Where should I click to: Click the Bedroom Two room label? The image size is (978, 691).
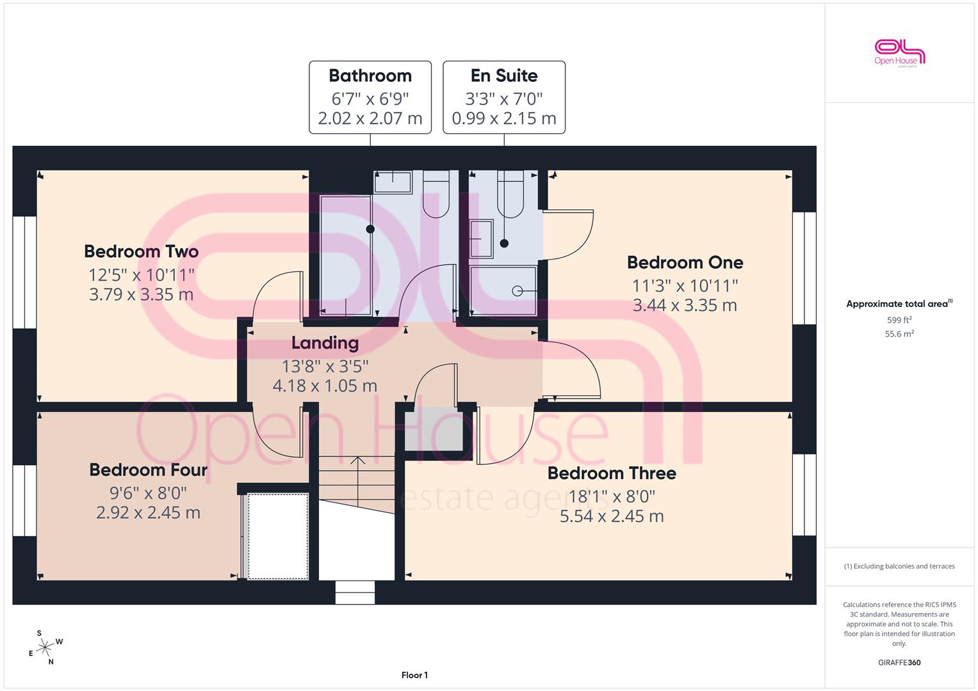pyautogui.click(x=141, y=251)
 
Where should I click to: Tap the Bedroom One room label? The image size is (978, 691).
pyautogui.click(x=685, y=262)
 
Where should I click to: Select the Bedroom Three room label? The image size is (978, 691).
pyautogui.click(x=612, y=473)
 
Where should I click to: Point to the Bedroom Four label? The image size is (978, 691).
pyautogui.click(x=148, y=470)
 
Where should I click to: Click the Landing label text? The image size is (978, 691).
pyautogui.click(x=325, y=344)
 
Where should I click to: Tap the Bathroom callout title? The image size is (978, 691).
pyautogui.click(x=370, y=76)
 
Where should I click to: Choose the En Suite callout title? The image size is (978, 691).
pyautogui.click(x=504, y=76)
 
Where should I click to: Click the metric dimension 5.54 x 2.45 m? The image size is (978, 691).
pyautogui.click(x=612, y=516)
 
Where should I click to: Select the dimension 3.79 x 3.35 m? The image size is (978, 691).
pyautogui.click(x=141, y=294)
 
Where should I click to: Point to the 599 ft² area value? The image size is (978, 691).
pyautogui.click(x=899, y=320)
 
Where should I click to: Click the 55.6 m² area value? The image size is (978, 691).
pyautogui.click(x=899, y=334)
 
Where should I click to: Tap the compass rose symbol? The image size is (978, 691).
pyautogui.click(x=45, y=647)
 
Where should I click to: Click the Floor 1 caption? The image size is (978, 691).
pyautogui.click(x=414, y=675)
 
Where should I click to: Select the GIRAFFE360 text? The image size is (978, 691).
pyautogui.click(x=899, y=663)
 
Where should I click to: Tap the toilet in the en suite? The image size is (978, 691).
pyautogui.click(x=510, y=194)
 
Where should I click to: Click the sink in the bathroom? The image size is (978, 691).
pyautogui.click(x=393, y=182)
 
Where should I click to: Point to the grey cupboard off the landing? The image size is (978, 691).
pyautogui.click(x=434, y=429)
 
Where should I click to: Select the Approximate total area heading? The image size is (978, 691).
pyautogui.click(x=899, y=304)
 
